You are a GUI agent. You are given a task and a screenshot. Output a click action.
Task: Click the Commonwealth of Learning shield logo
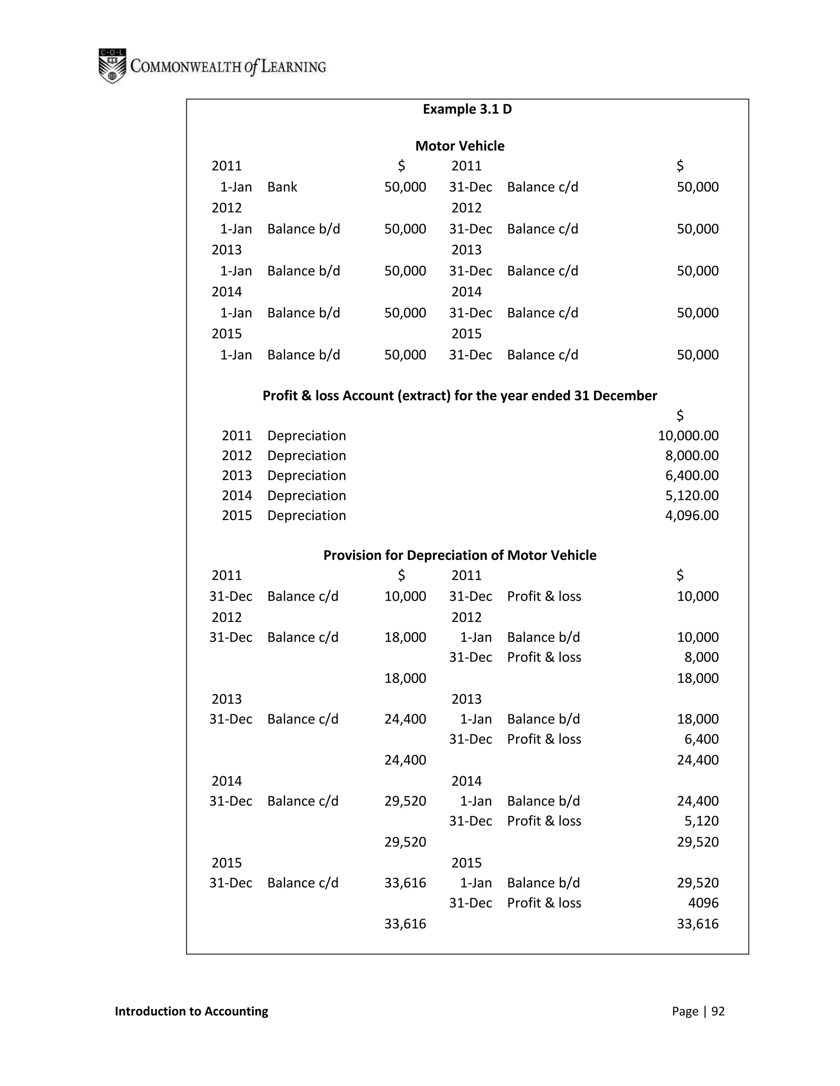[112, 66]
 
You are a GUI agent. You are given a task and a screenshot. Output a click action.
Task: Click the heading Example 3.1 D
[467, 109]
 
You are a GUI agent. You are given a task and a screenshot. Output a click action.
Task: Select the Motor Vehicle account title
[459, 146]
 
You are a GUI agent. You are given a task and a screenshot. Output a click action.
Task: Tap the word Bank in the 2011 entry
[282, 187]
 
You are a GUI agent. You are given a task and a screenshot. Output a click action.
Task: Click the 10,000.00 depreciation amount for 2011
[688, 436]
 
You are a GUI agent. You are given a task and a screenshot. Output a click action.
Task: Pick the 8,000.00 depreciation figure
[691, 455]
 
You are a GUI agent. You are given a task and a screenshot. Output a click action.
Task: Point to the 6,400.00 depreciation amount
[691, 475]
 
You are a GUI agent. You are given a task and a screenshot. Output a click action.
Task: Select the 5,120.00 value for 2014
[691, 495]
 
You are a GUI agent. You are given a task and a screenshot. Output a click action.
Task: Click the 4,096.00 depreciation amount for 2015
[691, 515]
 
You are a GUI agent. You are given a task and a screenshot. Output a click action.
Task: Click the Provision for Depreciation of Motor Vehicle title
[459, 555]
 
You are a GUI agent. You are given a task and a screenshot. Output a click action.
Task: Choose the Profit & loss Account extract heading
[459, 395]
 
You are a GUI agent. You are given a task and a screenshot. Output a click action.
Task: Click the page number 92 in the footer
[718, 1011]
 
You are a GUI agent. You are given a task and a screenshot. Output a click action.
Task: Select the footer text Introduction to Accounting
[191, 1011]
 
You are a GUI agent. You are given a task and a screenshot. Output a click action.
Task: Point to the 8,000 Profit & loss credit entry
[701, 657]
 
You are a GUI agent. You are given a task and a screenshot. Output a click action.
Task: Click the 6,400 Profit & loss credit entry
[701, 739]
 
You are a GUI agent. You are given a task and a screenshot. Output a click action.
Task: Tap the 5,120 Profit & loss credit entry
[701, 820]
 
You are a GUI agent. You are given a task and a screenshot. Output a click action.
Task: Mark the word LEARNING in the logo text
[293, 67]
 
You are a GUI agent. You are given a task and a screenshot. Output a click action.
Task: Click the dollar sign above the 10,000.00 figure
[680, 415]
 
